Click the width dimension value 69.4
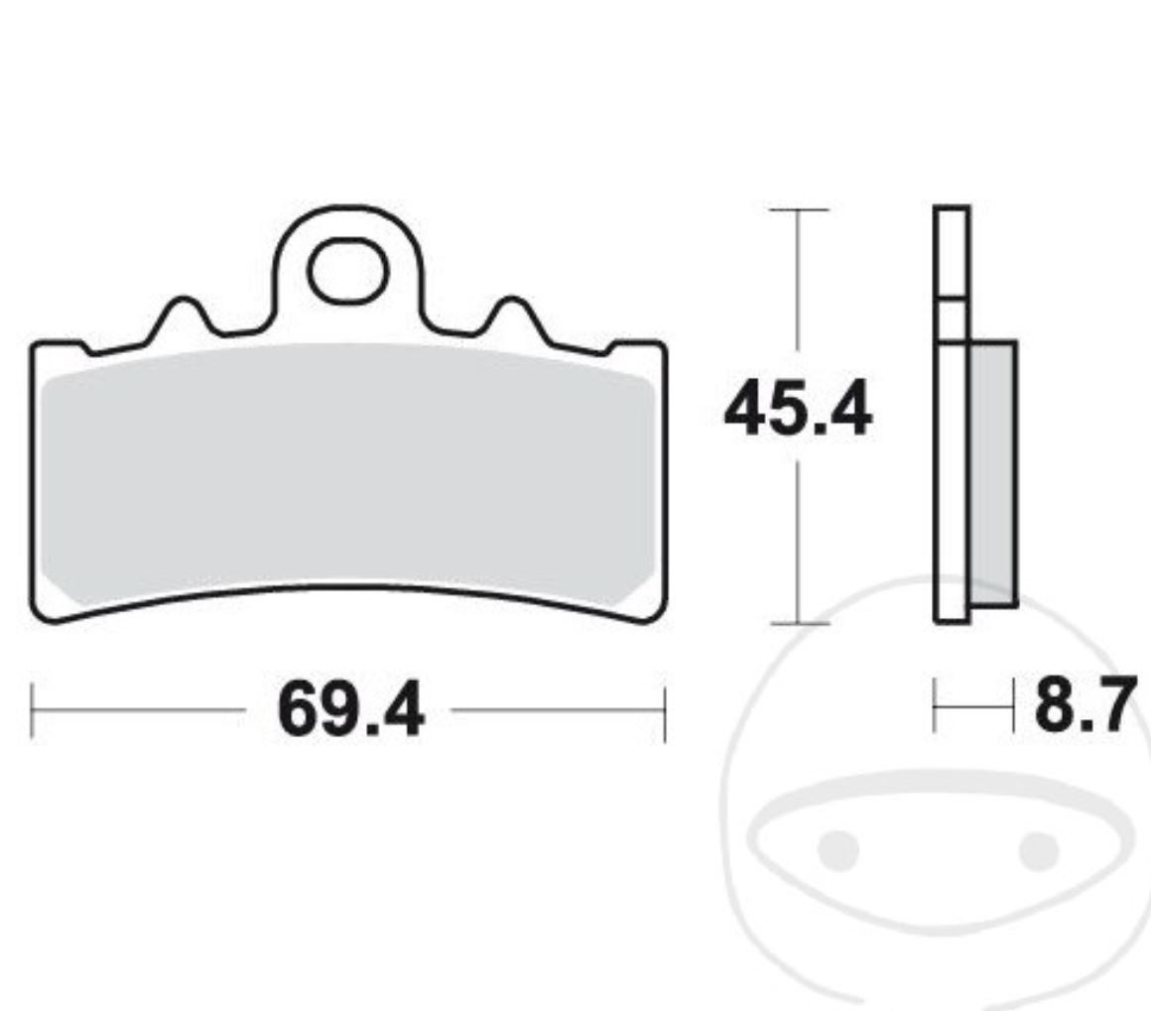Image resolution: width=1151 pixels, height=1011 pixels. (x=351, y=710)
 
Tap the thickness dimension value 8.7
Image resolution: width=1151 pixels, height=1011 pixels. (x=1083, y=706)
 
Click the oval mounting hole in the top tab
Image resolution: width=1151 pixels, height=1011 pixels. (x=348, y=271)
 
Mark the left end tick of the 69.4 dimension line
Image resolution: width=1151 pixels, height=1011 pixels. (x=32, y=710)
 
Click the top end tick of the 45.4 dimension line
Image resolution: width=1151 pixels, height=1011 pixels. (x=798, y=210)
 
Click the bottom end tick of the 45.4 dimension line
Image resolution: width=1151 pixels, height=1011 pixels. (x=798, y=624)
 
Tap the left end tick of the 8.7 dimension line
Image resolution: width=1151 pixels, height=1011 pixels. (x=935, y=706)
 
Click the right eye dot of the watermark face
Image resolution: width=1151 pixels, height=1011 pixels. (x=1039, y=848)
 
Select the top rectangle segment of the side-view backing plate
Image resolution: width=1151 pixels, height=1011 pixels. (x=952, y=252)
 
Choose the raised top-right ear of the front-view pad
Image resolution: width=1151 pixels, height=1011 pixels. (x=638, y=347)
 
